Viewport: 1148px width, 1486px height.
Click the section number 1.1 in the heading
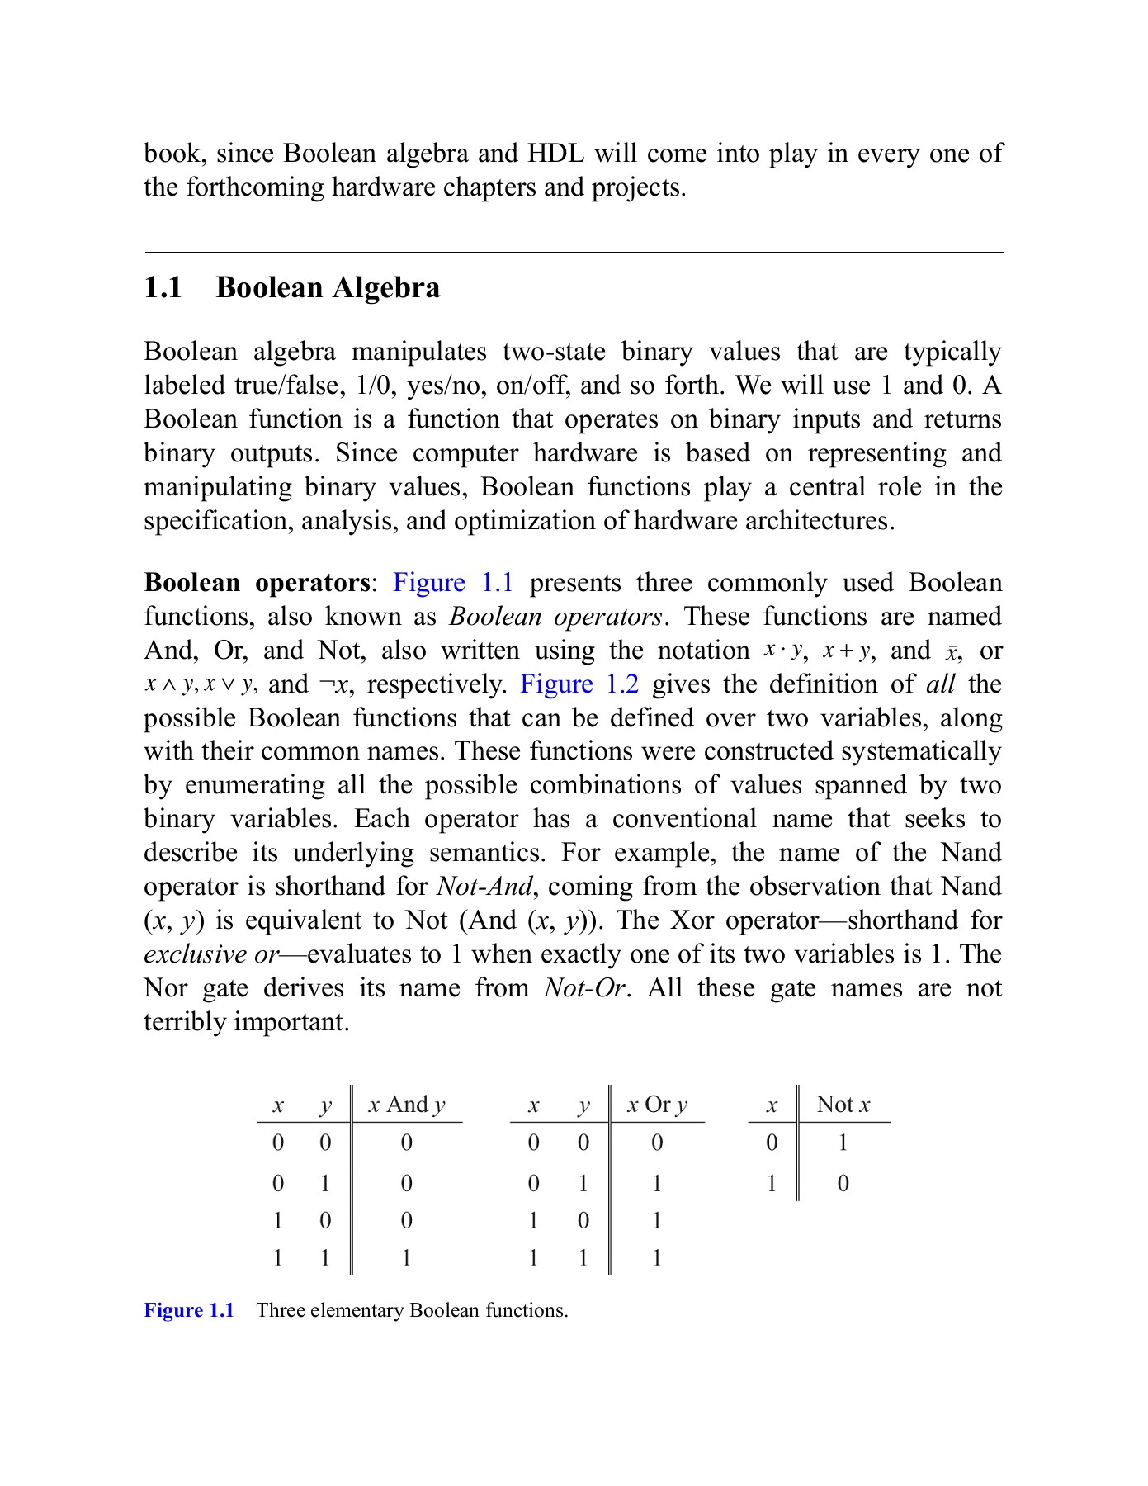click(x=163, y=288)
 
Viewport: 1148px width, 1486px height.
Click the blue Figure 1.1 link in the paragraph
click(x=453, y=583)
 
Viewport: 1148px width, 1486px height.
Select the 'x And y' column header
click(x=406, y=1105)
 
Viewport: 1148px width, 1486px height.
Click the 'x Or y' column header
click(x=657, y=1105)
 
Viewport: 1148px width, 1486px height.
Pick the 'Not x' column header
click(x=843, y=1105)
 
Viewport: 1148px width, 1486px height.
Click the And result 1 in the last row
click(x=406, y=1258)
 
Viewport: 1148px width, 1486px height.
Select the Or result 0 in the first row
click(x=657, y=1143)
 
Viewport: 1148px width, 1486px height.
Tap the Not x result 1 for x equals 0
click(x=843, y=1143)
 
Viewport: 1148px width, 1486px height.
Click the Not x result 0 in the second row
click(x=843, y=1184)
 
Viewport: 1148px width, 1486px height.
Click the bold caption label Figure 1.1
click(x=189, y=1311)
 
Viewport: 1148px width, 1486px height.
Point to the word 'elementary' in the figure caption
click(x=357, y=1311)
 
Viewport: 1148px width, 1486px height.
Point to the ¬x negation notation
click(x=334, y=685)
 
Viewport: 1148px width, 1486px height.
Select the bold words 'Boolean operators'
click(x=257, y=583)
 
